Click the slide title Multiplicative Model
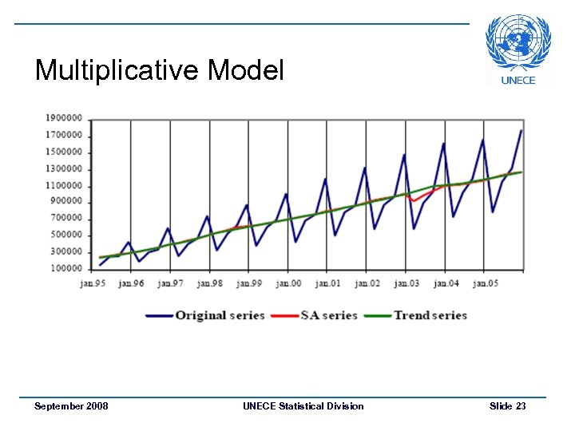tap(160, 71)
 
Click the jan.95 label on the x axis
tap(93, 283)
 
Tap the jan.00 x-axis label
tap(288, 283)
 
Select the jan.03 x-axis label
tap(406, 283)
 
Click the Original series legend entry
tap(205, 315)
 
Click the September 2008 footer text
tap(71, 406)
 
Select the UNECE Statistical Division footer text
tap(303, 406)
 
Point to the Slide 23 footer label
tap(507, 406)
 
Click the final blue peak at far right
tap(521, 130)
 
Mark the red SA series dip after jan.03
tap(414, 200)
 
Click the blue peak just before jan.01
tap(325, 178)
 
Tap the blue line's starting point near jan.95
tap(100, 265)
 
